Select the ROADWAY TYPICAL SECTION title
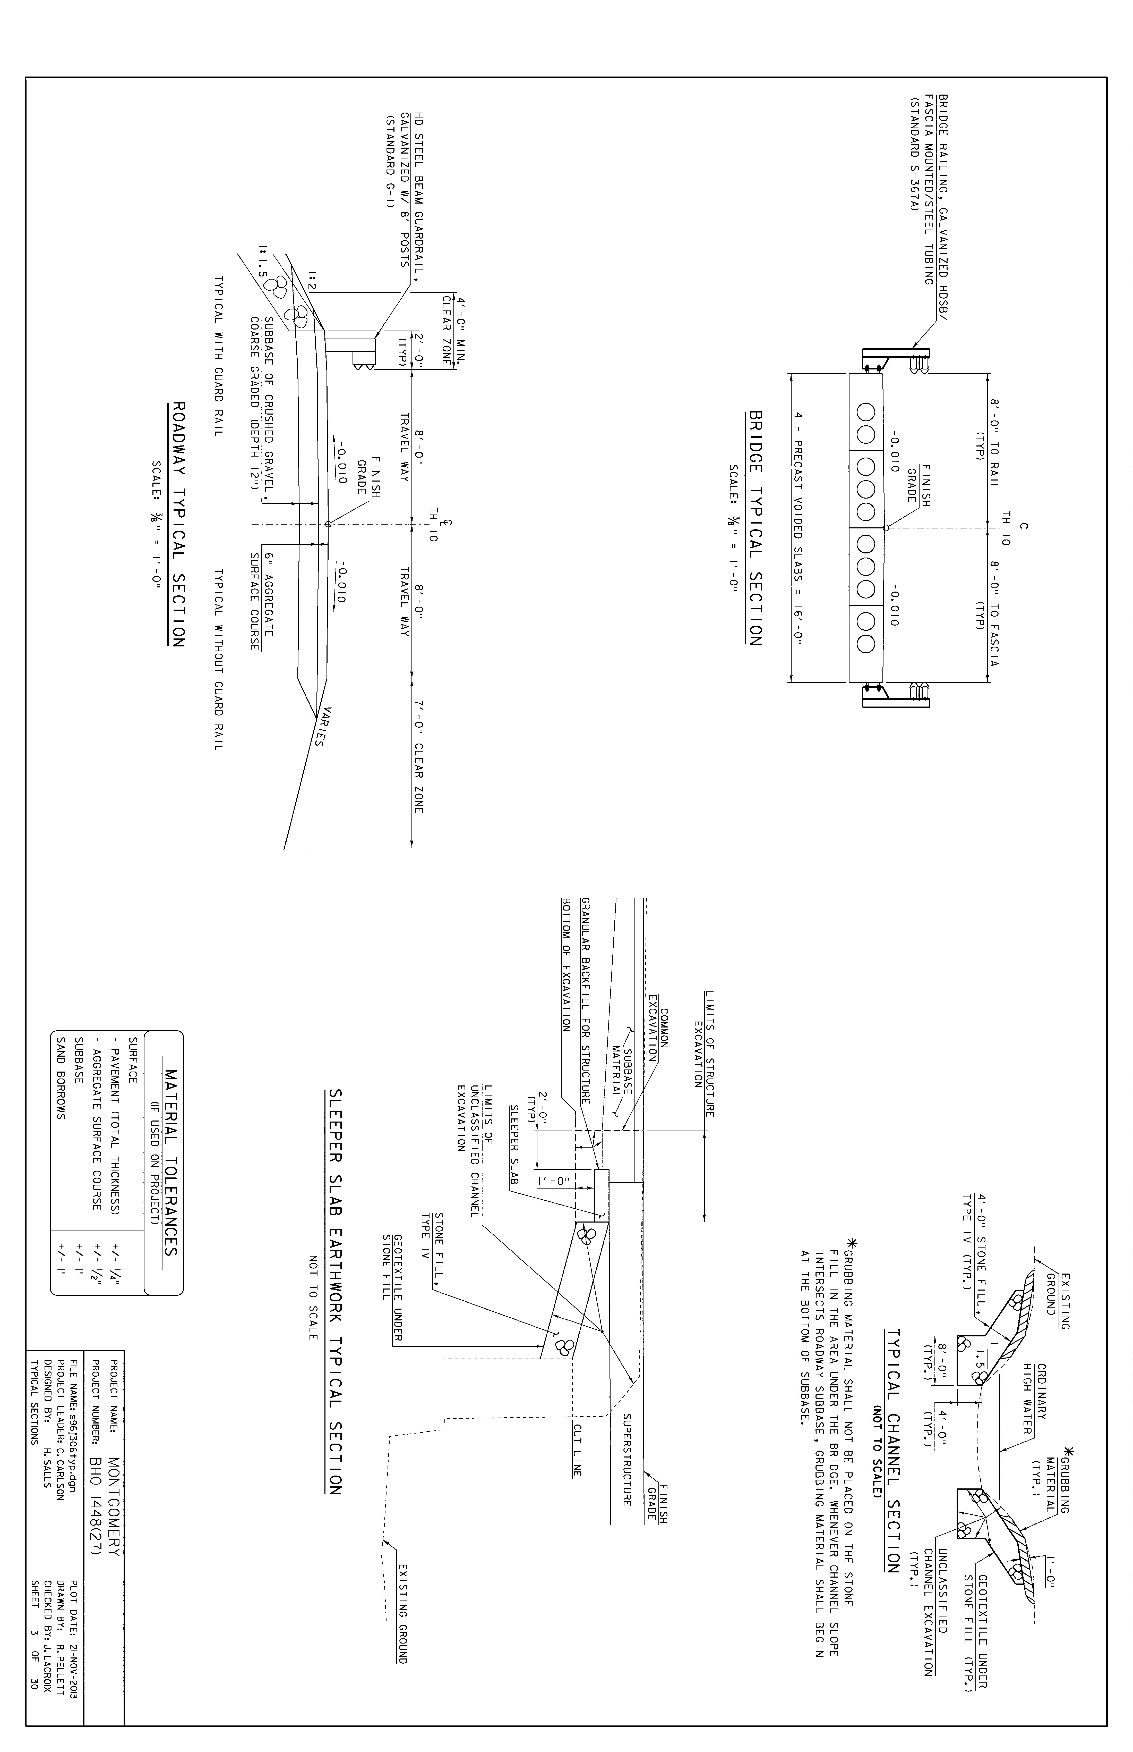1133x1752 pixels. click(x=177, y=524)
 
